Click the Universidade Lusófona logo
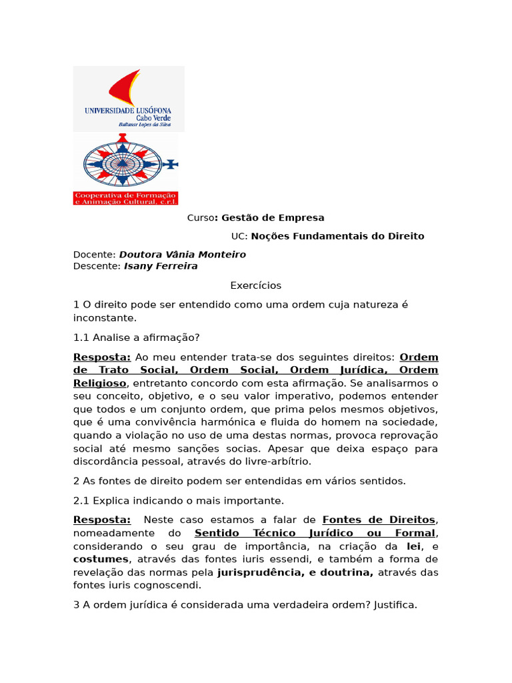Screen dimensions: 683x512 coord(128,98)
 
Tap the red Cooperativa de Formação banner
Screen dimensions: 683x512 coord(125,197)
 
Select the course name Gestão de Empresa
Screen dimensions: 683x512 coord(273,217)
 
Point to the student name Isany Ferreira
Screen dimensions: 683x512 coord(161,266)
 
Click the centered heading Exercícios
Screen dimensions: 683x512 coord(256,285)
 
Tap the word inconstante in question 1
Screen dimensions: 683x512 coord(104,318)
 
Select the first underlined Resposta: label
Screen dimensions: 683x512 coord(102,357)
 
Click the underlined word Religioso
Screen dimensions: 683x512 coord(99,383)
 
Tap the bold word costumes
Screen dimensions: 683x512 coord(100,559)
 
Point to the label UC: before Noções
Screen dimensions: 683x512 coord(239,236)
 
